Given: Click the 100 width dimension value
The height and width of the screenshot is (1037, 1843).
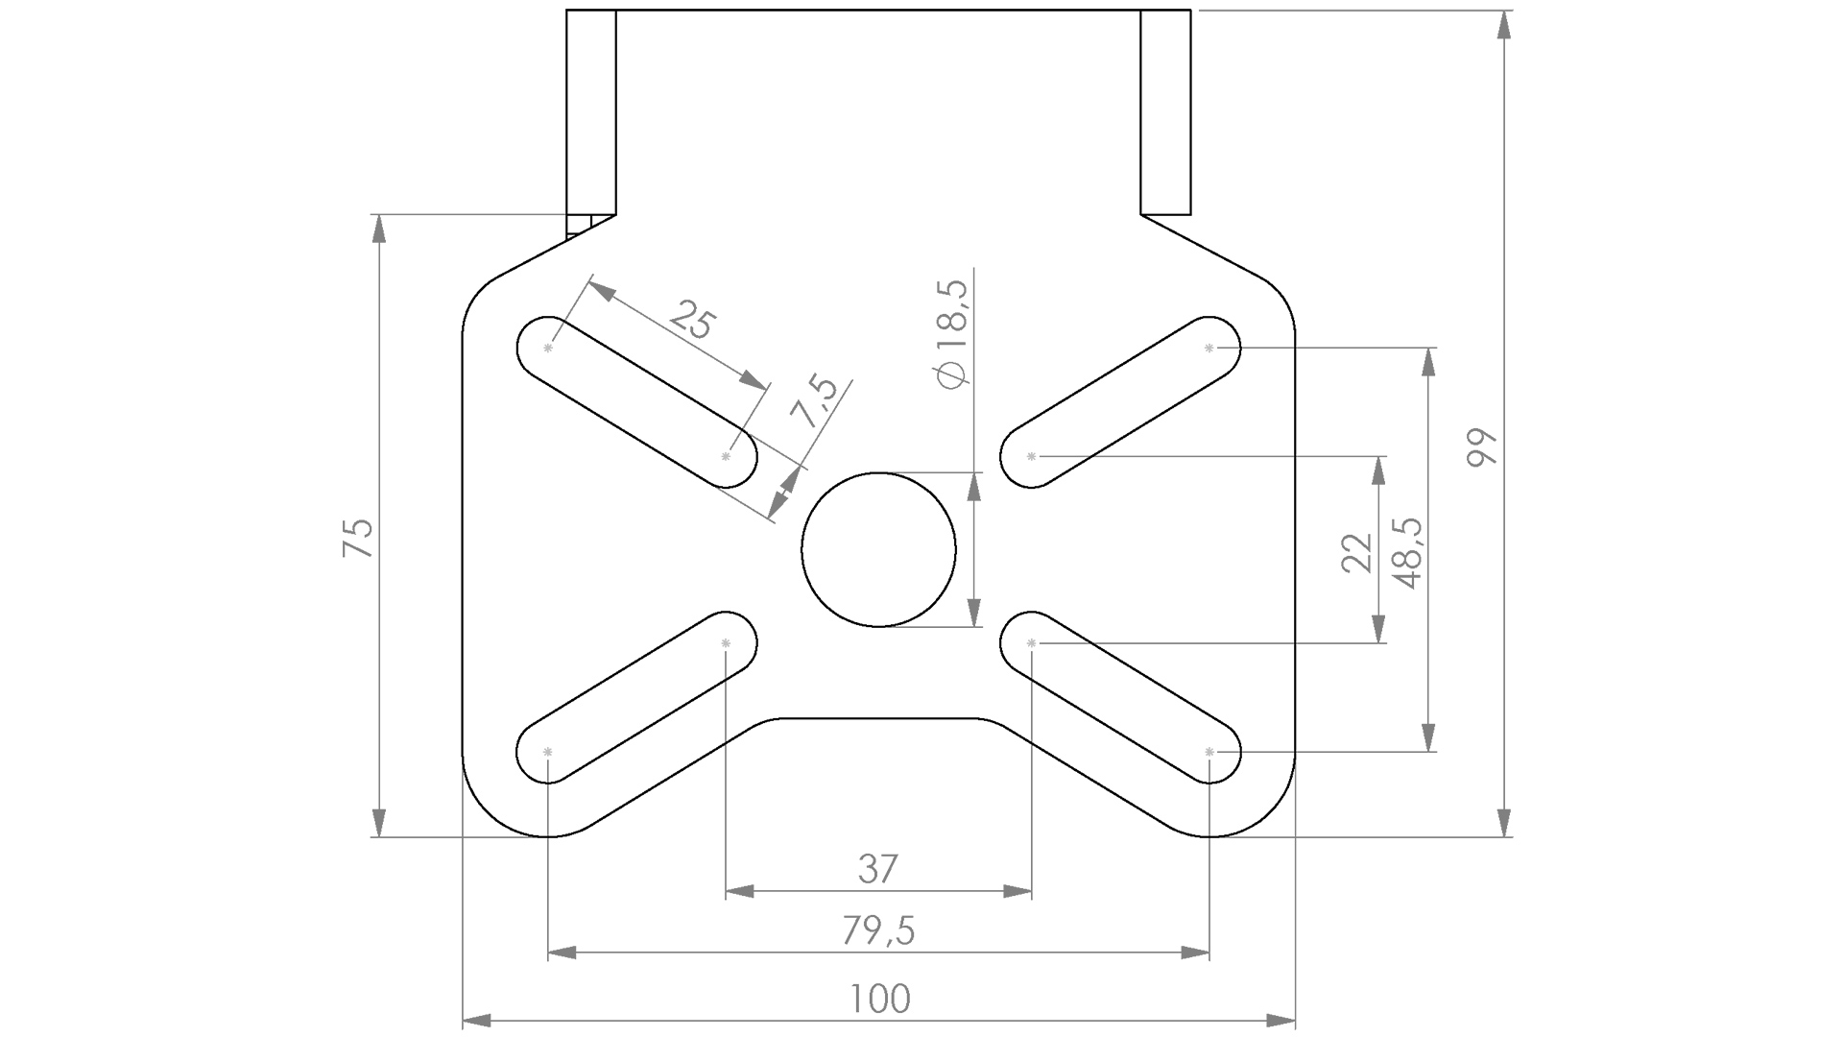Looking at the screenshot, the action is (879, 1000).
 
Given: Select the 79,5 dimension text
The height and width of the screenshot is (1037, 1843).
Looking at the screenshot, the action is (879, 930).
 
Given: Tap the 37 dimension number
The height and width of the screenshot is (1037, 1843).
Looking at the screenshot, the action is (878, 869).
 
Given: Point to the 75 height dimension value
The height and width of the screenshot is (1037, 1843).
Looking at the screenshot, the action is (358, 538).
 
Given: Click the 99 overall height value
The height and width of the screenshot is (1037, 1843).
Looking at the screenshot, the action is (1483, 447).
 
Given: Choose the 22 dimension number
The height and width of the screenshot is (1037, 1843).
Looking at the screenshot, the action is (1357, 553).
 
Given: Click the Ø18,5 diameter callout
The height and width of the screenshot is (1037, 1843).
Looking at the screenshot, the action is (952, 334).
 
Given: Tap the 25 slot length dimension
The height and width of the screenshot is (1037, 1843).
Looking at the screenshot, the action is (692, 320).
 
